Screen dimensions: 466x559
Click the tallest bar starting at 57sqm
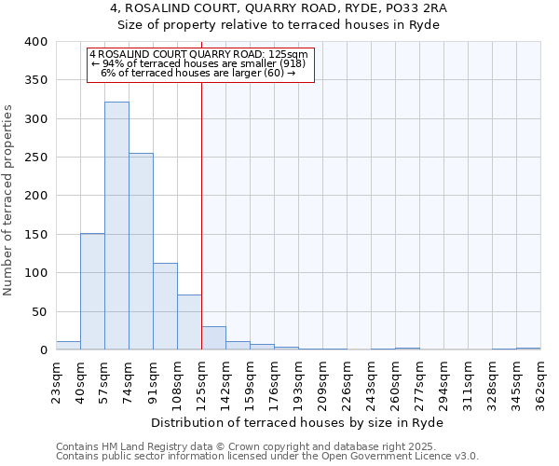(x=116, y=226)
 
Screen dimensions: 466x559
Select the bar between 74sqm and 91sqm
(x=141, y=252)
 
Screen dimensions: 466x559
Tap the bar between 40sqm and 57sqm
(x=92, y=292)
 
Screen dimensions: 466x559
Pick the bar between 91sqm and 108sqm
(x=165, y=307)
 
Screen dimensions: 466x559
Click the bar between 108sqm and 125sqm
(x=189, y=322)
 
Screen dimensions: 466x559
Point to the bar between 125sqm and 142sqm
(x=213, y=338)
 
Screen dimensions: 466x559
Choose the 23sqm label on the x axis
(x=56, y=380)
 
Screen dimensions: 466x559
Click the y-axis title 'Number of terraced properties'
(x=8, y=200)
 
